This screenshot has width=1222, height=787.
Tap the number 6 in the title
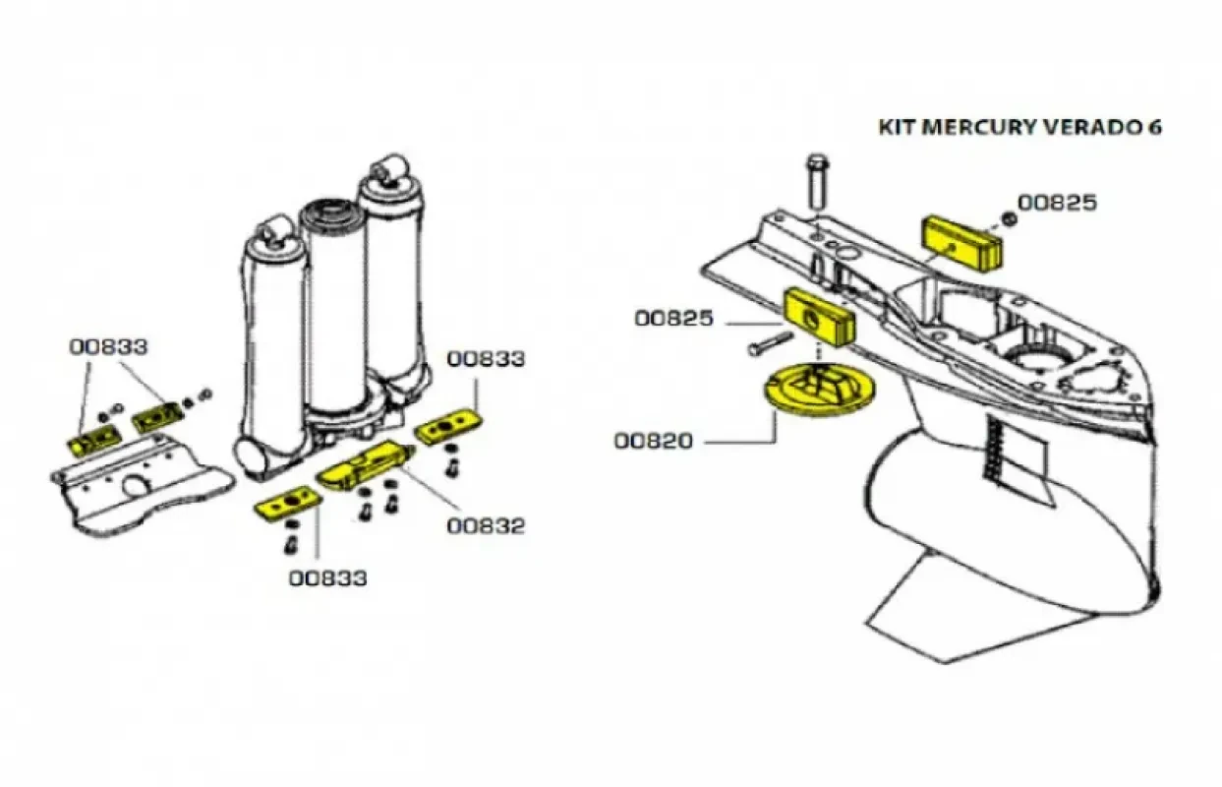coord(1154,128)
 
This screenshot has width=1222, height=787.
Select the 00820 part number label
coord(654,441)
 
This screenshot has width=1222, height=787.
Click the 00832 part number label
coord(486,525)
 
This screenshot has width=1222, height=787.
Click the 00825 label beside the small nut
coord(1057,203)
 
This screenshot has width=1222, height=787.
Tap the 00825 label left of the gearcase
coord(673,319)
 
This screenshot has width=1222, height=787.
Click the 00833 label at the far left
coord(108,346)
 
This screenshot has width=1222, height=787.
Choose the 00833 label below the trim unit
coord(327,577)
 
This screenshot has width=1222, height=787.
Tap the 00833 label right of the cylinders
coord(486,359)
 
